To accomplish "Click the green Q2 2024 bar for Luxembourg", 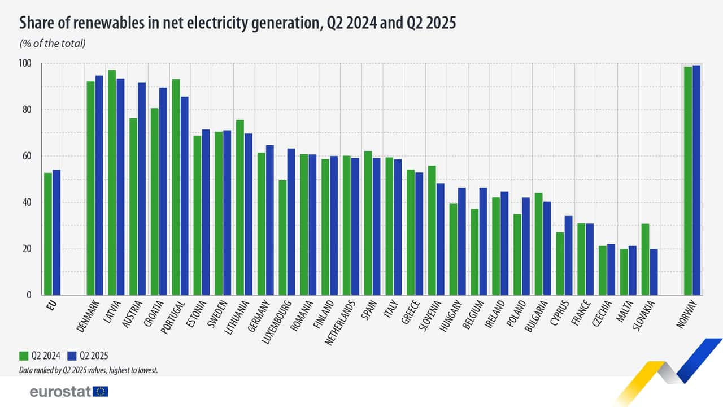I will click(282, 237).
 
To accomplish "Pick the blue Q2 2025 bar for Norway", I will click(696, 180).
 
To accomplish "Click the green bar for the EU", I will click(48, 234).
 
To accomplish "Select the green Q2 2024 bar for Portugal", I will click(176, 187).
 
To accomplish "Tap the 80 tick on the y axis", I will click(26, 110).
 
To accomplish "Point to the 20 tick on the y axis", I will click(26, 249).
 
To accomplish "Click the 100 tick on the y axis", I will click(25, 63).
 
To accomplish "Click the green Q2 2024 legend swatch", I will click(24, 356).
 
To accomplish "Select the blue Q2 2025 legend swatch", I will click(72, 356).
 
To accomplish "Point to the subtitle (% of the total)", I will click(53, 44).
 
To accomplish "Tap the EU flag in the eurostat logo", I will click(101, 391).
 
